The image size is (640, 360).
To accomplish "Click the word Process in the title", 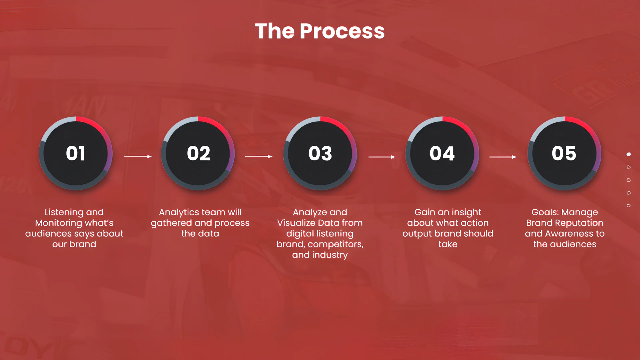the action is (x=342, y=31).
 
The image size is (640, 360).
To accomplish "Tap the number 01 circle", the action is (x=76, y=153).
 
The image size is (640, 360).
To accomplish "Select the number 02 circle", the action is (x=198, y=153).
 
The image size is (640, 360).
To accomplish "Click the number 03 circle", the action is (x=320, y=153).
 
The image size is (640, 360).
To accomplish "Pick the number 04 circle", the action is (x=442, y=153).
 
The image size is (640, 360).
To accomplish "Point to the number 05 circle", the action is (x=564, y=153).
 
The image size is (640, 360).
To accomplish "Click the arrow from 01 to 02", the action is (x=138, y=156).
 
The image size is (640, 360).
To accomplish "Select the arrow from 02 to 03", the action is (x=259, y=156).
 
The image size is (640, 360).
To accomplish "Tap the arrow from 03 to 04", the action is (x=382, y=157).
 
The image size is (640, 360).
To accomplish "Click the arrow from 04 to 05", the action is (x=503, y=157).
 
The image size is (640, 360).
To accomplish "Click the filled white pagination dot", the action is (x=629, y=154).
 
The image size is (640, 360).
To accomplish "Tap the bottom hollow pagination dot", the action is (x=629, y=206).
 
